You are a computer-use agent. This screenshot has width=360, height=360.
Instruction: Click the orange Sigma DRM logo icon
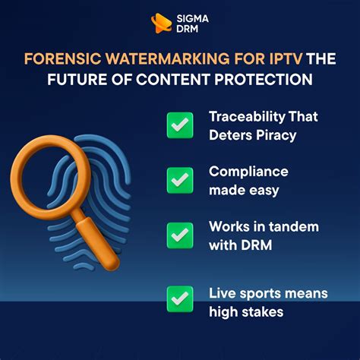pyautogui.click(x=161, y=24)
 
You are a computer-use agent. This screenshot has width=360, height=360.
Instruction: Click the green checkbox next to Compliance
pyautogui.click(x=180, y=180)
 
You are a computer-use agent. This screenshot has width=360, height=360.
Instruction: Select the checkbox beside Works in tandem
pyautogui.click(x=180, y=235)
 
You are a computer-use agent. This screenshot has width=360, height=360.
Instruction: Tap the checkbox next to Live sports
pyautogui.click(x=180, y=298)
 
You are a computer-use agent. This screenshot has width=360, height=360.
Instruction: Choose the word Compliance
pyautogui.click(x=245, y=172)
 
